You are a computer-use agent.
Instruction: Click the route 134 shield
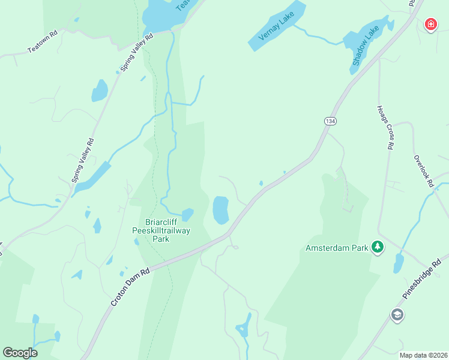point(330,121)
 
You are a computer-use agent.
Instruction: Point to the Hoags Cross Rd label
point(385,127)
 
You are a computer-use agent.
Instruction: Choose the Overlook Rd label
point(422,172)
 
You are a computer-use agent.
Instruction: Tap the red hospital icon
point(430,24)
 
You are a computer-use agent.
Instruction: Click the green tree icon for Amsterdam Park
point(377,247)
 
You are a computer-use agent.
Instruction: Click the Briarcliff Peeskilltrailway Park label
point(160,229)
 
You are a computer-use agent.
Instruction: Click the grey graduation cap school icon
point(397,314)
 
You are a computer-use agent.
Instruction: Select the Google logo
point(20,353)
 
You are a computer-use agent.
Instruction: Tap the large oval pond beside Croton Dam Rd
point(221,210)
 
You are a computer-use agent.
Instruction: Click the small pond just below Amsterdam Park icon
point(399,263)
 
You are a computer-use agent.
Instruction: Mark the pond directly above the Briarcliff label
point(188,214)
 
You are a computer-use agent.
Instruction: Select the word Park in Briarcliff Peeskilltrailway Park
point(160,239)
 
